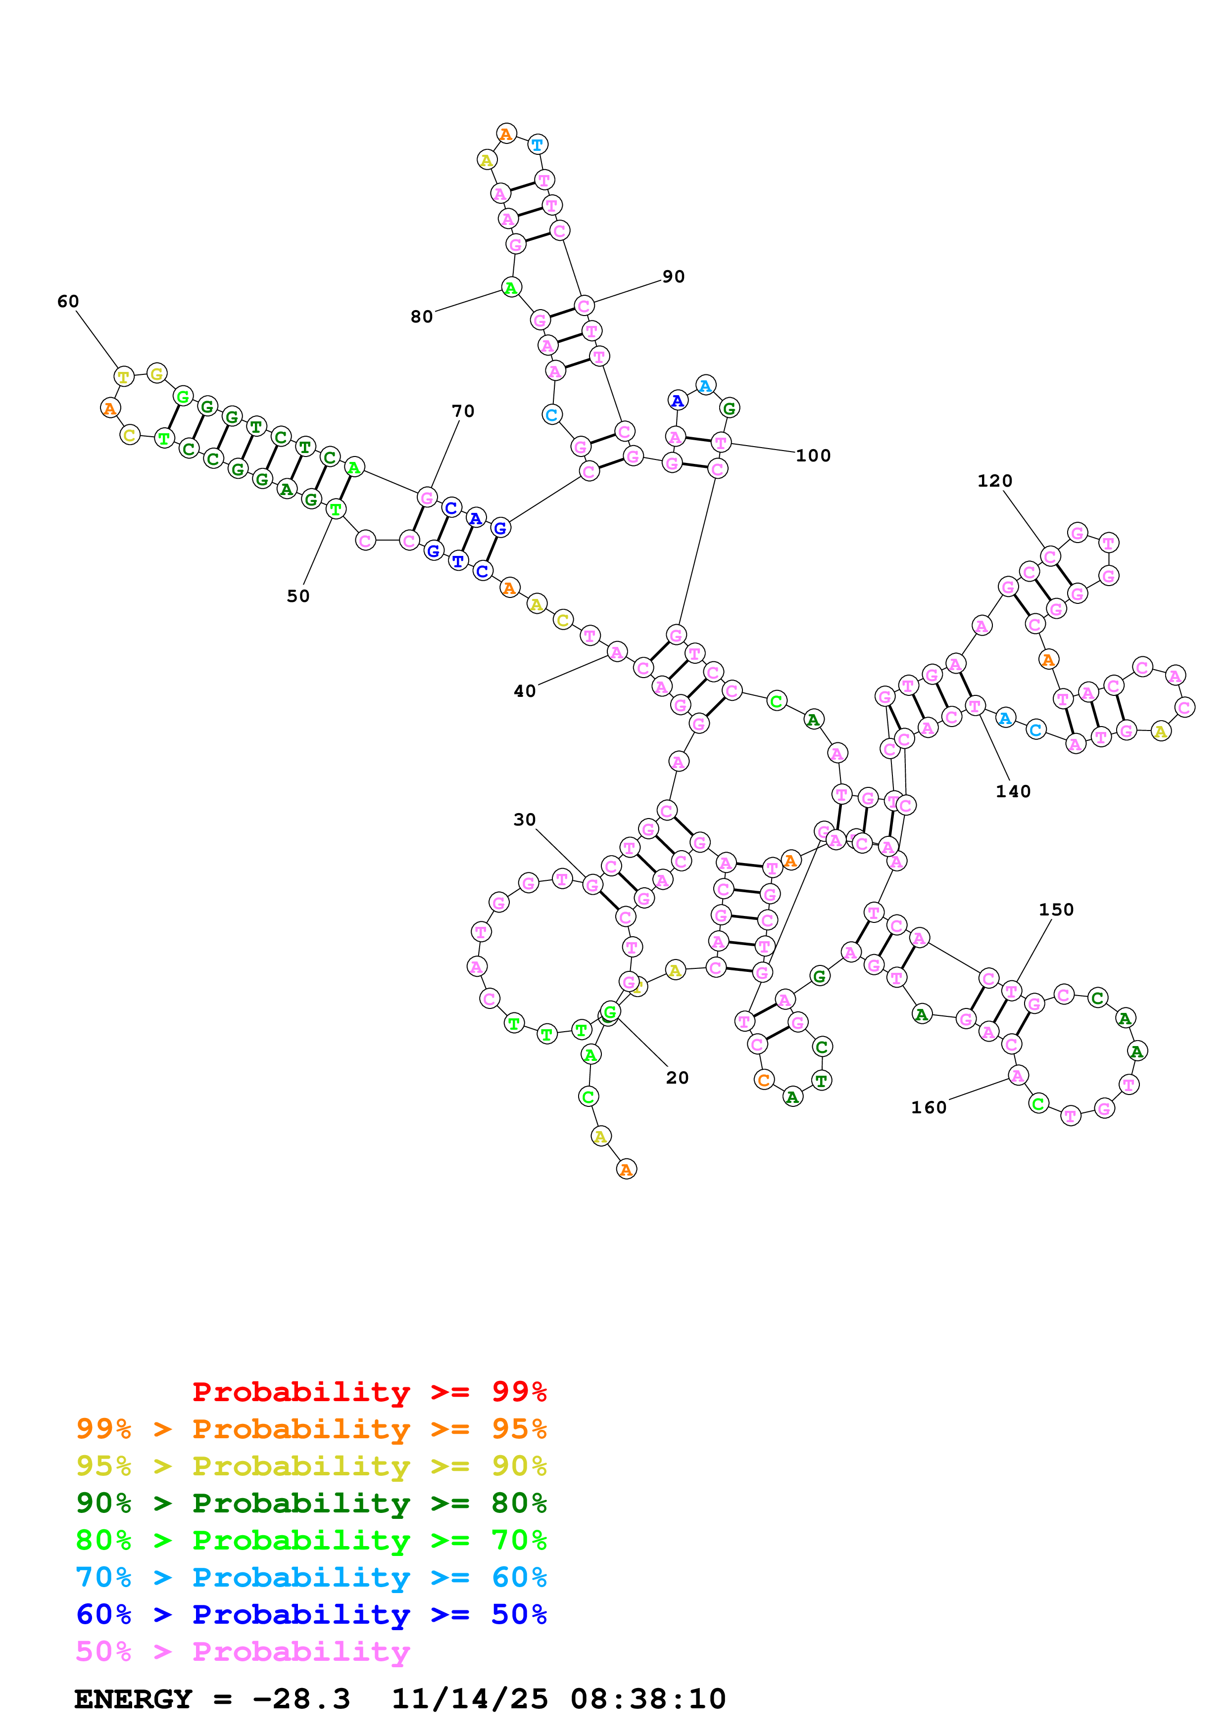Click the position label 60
(x=68, y=302)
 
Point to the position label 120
(x=994, y=481)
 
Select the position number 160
(x=929, y=1108)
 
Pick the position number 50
(x=298, y=596)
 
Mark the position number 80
(x=421, y=317)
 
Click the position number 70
(x=463, y=411)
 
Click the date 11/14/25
(x=470, y=1699)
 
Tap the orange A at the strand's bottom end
(x=626, y=1169)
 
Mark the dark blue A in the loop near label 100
(x=678, y=401)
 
